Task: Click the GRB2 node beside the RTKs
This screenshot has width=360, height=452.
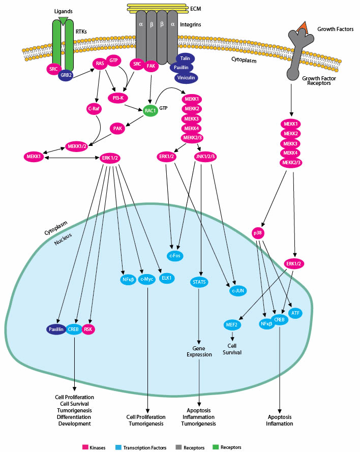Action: pos(66,74)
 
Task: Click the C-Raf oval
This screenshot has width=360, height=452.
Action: pos(93,108)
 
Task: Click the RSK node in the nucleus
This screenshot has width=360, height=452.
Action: pos(89,329)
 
